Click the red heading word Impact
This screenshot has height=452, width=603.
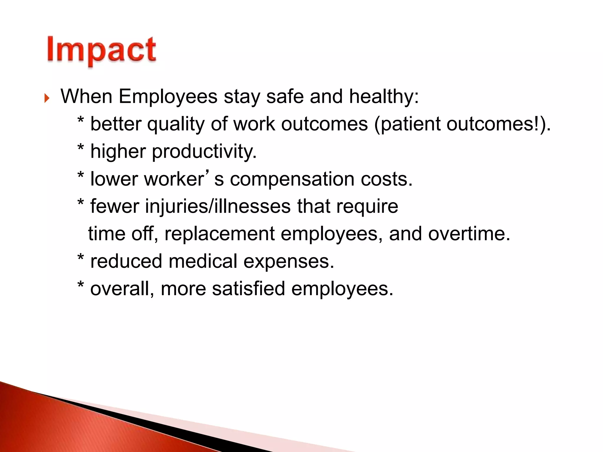point(102,50)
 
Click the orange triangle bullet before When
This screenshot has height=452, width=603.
point(47,98)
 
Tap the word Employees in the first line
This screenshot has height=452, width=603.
point(168,97)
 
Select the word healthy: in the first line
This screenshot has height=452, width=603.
point(384,97)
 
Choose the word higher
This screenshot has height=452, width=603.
point(118,152)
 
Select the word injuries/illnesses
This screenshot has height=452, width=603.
point(218,206)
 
